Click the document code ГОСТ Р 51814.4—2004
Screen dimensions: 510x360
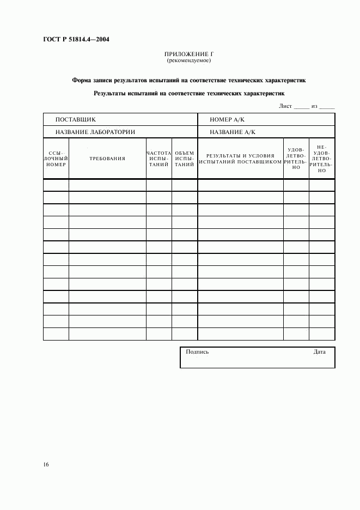point(75,39)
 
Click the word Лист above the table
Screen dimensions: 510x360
point(286,106)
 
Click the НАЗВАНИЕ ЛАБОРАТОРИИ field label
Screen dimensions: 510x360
point(95,132)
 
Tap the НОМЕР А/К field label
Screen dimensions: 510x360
point(228,119)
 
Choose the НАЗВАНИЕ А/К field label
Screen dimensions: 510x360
point(233,132)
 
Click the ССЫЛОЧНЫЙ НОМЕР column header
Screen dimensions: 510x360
point(56,159)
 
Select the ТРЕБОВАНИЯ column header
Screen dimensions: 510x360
point(107,159)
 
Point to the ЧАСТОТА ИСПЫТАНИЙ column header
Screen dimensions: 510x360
point(159,159)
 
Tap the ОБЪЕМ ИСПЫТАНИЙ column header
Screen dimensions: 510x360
point(185,159)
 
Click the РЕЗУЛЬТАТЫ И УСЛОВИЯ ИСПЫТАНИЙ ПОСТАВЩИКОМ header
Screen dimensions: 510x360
point(240,159)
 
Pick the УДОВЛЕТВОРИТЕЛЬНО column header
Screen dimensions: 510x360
point(296,158)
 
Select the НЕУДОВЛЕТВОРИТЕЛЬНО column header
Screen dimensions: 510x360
point(322,158)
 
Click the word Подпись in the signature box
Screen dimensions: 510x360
point(197,352)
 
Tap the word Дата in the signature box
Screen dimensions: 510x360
point(320,352)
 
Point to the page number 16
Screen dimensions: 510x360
point(46,464)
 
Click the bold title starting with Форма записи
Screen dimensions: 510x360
point(188,80)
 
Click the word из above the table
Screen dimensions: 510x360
point(314,106)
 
